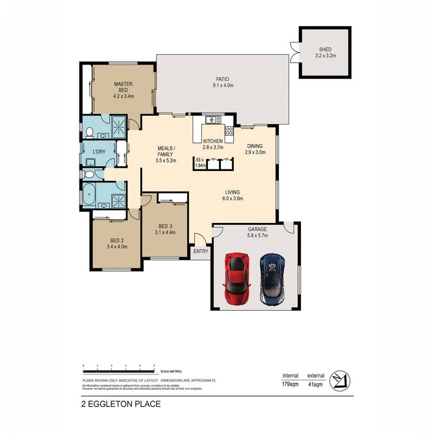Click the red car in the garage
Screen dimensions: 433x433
coord(238,280)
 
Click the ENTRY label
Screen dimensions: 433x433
coord(200,251)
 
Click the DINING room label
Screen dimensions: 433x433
coord(255,146)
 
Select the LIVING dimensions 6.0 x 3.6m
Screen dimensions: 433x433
coord(233,199)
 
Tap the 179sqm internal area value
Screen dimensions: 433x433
coord(290,384)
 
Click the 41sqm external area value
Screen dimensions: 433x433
coord(316,384)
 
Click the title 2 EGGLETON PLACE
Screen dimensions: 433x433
coord(121,404)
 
